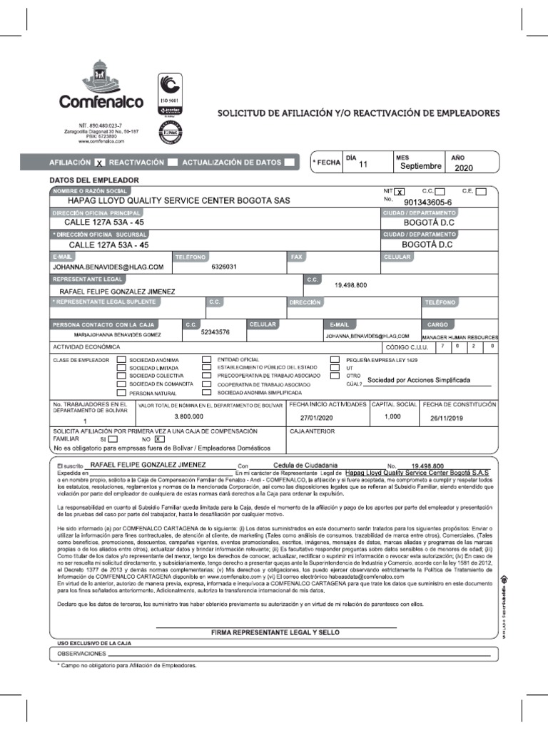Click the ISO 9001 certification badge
[x=168, y=96]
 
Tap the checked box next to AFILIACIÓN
[x=100, y=163]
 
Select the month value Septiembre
[x=420, y=166]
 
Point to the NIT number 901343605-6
[x=432, y=202]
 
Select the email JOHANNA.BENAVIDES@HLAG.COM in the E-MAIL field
[x=107, y=267]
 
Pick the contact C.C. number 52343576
[x=215, y=332]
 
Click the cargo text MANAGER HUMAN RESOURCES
[x=460, y=336]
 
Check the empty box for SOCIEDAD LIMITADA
[x=121, y=367]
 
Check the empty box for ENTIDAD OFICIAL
[x=206, y=359]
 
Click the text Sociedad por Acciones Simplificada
[x=427, y=380]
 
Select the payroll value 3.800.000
[x=189, y=416]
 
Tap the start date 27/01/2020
[x=317, y=417]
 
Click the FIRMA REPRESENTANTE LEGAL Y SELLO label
[x=275, y=632]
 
